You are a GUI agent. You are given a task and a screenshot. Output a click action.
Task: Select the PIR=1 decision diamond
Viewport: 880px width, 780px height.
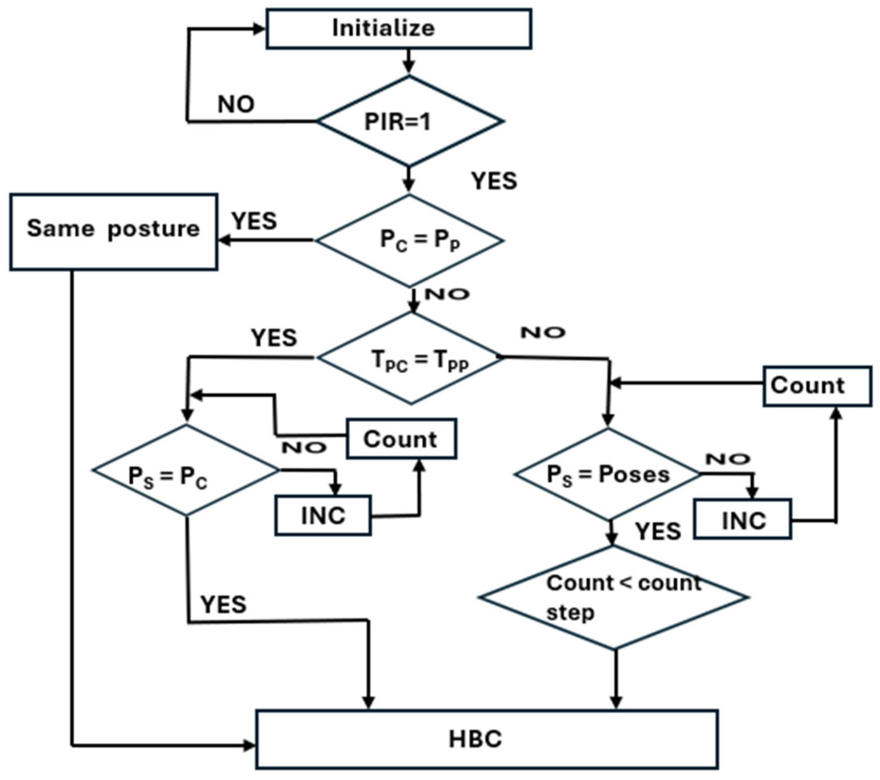(x=410, y=121)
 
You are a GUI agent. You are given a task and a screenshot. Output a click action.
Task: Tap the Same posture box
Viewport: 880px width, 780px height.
(x=113, y=232)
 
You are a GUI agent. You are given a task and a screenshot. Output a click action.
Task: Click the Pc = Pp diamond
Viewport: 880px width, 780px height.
(x=410, y=240)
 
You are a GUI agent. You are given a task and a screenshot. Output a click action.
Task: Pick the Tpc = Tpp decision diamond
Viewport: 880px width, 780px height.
(x=411, y=358)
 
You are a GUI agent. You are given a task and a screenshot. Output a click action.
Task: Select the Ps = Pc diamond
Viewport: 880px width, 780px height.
(x=186, y=470)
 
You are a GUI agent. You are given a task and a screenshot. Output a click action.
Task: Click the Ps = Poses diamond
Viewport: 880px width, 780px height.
(x=608, y=474)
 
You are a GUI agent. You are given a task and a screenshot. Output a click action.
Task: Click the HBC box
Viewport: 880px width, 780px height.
(x=487, y=739)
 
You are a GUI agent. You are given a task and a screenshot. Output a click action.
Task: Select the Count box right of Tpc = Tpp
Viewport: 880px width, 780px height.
(x=817, y=386)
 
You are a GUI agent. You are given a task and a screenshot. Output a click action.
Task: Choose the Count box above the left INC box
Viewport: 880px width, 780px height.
(x=401, y=438)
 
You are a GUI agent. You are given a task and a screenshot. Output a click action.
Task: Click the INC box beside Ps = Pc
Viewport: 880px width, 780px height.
(x=323, y=515)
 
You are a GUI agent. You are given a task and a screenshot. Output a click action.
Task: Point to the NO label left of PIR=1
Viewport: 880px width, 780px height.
(x=236, y=105)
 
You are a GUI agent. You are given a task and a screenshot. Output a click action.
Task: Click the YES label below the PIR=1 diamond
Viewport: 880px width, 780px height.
(x=494, y=181)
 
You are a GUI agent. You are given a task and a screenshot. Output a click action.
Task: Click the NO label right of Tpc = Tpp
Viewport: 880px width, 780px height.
(x=542, y=332)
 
